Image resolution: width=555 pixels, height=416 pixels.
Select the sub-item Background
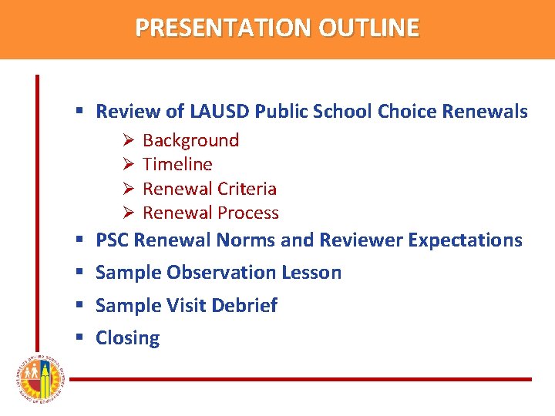[190, 140]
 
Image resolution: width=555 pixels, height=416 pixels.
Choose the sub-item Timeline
[177, 164]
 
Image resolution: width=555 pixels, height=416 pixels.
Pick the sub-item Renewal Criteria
[209, 189]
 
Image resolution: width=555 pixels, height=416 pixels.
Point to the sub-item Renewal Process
[210, 213]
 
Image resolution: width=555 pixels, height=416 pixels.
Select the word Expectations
[465, 240]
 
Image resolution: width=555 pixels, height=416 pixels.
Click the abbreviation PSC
[113, 240]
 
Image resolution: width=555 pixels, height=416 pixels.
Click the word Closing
[127, 338]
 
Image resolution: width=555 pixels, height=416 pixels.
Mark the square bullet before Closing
[79, 338]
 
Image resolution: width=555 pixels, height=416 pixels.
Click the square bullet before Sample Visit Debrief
[79, 306]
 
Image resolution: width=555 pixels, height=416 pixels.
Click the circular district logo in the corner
[35, 380]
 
